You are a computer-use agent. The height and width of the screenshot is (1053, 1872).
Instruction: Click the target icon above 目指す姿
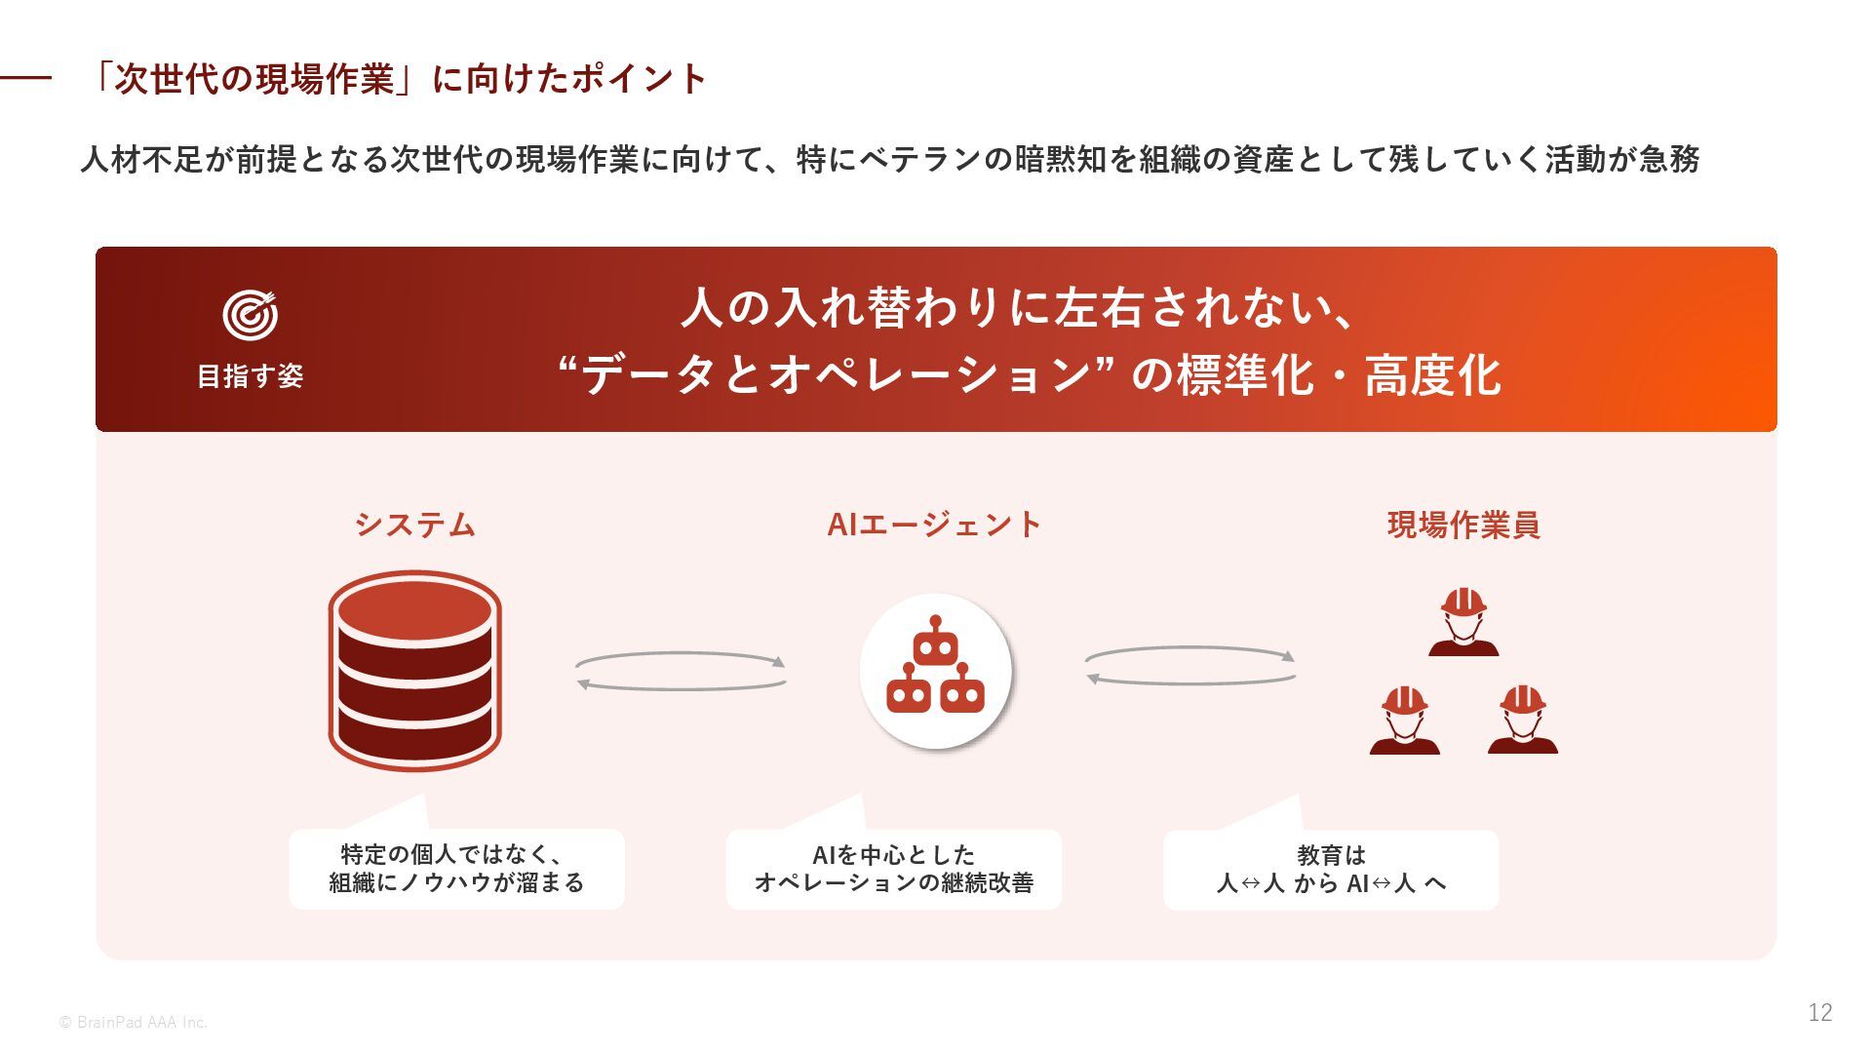click(251, 316)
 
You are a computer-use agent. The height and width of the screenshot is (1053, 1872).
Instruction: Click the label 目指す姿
click(251, 376)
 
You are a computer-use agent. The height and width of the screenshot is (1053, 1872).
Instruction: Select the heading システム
click(414, 525)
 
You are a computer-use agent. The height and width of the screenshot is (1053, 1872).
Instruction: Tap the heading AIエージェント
click(934, 525)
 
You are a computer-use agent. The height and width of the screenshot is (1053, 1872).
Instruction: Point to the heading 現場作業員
click(1462, 525)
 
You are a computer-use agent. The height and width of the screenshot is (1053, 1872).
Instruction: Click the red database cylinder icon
click(414, 671)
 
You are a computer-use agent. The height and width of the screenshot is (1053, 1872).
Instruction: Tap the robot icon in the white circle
click(935, 671)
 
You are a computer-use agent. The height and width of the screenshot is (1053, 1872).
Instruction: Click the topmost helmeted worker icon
click(1462, 622)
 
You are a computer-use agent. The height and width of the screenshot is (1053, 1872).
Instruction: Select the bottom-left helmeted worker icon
click(1404, 721)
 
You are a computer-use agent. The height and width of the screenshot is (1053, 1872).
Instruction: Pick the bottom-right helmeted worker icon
click(1522, 721)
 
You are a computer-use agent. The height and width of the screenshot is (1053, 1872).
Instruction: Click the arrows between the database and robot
click(681, 672)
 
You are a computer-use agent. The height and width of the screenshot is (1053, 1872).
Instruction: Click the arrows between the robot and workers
click(1189, 666)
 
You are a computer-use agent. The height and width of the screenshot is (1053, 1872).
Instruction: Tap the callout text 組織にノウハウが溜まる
click(456, 883)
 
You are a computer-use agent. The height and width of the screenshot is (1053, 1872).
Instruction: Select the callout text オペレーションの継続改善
click(893, 883)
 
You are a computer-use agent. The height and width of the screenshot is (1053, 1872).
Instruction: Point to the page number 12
click(1819, 1013)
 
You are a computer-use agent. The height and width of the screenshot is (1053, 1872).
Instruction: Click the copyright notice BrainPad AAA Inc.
click(133, 1023)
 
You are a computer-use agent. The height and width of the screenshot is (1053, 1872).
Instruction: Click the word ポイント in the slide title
click(639, 79)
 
